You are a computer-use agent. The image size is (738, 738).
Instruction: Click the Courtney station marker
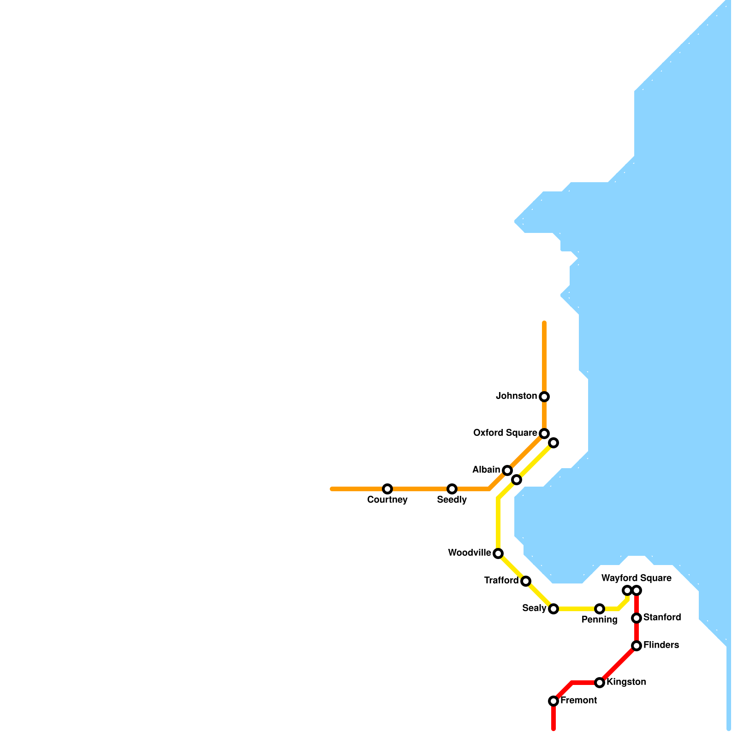coord(387,489)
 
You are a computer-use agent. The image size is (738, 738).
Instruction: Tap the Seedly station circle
coord(452,489)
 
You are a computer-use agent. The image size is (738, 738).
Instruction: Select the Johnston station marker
coord(544,397)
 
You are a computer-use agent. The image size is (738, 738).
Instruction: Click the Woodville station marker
coord(498,553)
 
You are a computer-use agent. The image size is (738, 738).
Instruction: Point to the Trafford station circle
coord(526,581)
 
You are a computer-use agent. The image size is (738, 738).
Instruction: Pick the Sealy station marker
coord(553,609)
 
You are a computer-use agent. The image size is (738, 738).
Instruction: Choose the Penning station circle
coord(600,609)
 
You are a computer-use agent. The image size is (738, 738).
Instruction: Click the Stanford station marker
coord(637,618)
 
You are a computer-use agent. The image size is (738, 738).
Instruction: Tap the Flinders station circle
coord(637,646)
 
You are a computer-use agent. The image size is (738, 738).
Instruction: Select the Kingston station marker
coord(600,683)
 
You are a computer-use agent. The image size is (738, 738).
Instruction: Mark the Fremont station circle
coord(553,701)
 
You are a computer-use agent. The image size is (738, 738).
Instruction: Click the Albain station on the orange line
coord(507,470)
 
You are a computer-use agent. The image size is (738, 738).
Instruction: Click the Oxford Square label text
coord(505,433)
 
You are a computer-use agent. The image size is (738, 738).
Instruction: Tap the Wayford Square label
coord(636,578)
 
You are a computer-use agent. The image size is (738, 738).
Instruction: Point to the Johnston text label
coord(516,396)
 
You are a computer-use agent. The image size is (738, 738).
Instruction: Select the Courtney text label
coord(387,500)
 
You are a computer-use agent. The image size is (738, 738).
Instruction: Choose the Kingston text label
coord(626,682)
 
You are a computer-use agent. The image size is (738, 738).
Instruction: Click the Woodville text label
coord(470,553)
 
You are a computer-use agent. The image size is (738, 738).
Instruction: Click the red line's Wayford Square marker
coord(637,590)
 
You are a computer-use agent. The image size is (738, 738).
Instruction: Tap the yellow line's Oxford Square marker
coord(553,443)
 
